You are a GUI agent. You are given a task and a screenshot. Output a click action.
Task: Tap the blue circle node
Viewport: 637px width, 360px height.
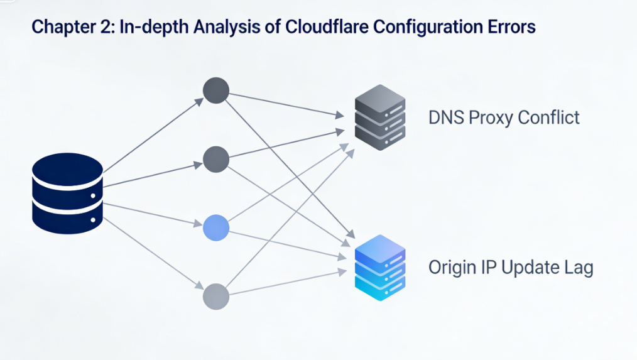click(x=216, y=227)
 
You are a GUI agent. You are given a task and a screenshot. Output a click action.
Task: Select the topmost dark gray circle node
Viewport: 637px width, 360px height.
click(x=216, y=90)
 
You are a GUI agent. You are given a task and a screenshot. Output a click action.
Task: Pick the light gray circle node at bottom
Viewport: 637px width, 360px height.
click(x=216, y=296)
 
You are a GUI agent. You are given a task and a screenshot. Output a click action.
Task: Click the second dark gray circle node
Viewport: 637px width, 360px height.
click(x=216, y=159)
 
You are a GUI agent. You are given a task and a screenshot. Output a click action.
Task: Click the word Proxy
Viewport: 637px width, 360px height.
click(x=490, y=118)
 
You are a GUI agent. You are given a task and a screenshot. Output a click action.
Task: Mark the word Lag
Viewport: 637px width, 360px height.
click(x=577, y=268)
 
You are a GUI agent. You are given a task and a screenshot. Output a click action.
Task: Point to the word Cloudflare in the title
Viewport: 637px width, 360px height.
click(x=319, y=27)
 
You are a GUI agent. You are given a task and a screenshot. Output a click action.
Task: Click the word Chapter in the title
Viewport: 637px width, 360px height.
click(x=60, y=27)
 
